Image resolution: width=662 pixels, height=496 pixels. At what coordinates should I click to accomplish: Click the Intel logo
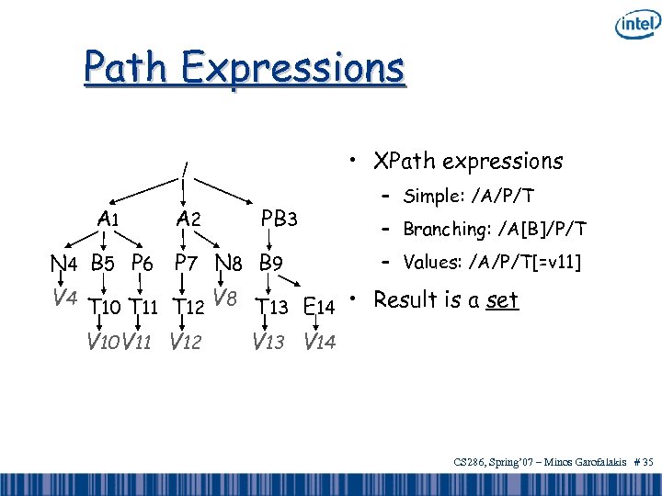pyautogui.click(x=635, y=25)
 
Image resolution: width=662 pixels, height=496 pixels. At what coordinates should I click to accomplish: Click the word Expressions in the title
pyautogui.click(x=292, y=67)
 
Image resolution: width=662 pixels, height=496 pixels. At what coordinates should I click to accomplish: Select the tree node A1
pyautogui.click(x=108, y=219)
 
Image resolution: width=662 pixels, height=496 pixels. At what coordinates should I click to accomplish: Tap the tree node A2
pyautogui.click(x=188, y=219)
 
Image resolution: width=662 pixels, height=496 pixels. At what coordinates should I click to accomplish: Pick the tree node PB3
pyautogui.click(x=279, y=219)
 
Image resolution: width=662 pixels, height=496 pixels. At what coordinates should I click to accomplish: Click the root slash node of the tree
pyautogui.click(x=185, y=169)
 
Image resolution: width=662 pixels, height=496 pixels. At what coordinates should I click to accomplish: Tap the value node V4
pyautogui.click(x=63, y=298)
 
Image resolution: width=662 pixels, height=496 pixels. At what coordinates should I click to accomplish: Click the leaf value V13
pyautogui.click(x=269, y=343)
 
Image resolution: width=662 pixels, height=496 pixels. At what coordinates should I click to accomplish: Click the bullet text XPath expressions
pyautogui.click(x=467, y=161)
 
